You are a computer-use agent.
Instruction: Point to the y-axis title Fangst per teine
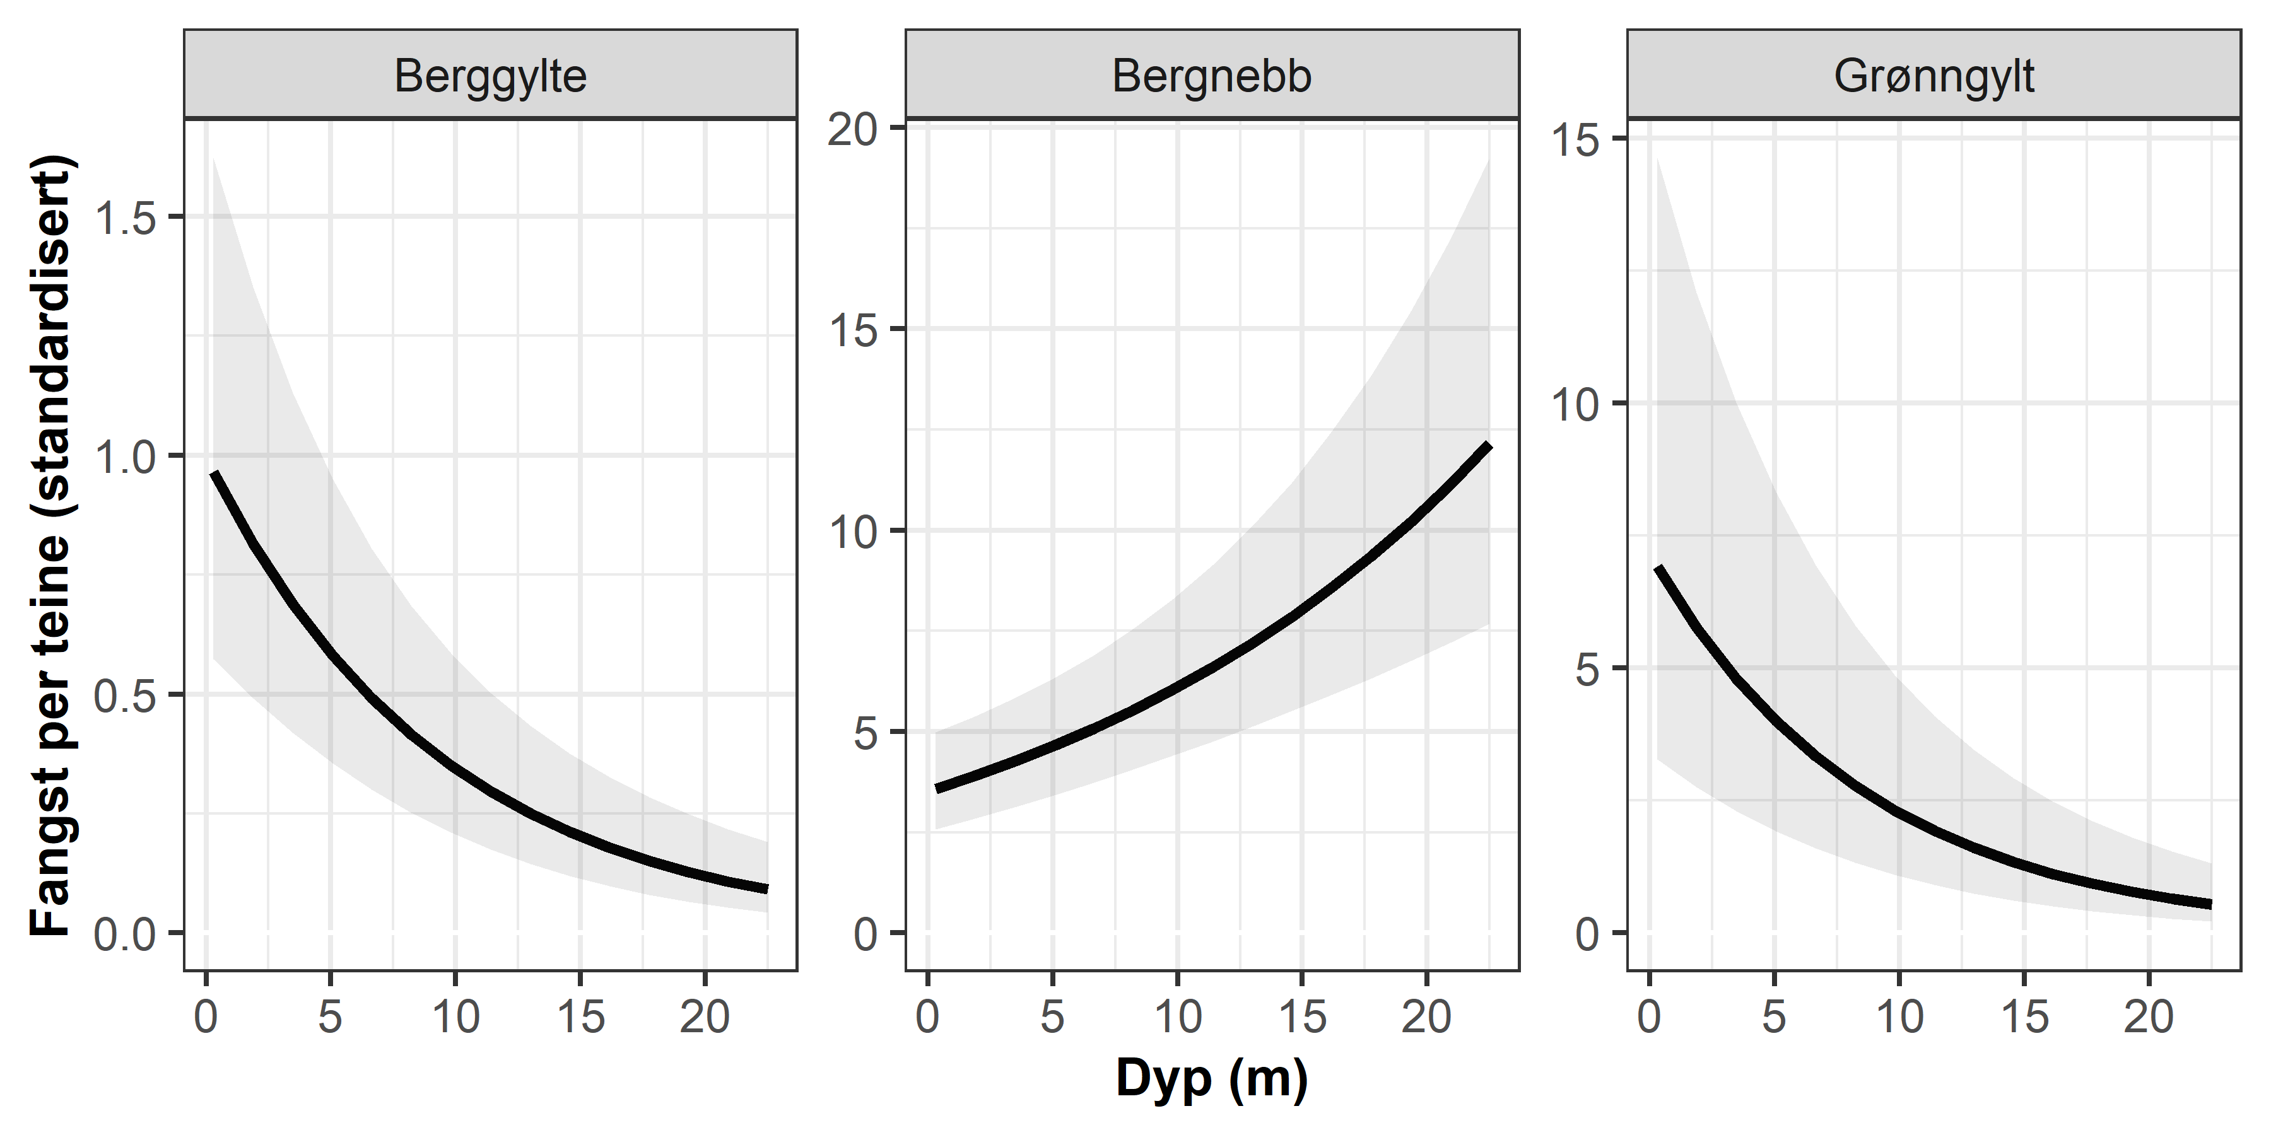tap(50, 546)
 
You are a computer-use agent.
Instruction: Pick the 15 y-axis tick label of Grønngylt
tap(1575, 139)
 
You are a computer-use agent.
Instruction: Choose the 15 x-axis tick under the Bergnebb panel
tap(1301, 1018)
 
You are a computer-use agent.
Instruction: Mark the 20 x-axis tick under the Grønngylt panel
tap(2149, 1018)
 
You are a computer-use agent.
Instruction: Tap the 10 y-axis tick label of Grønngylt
tap(1575, 404)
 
